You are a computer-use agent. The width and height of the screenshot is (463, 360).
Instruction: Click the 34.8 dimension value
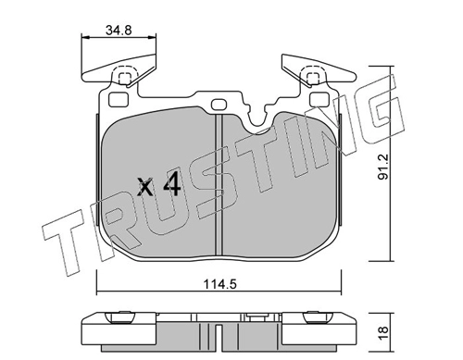click(x=119, y=31)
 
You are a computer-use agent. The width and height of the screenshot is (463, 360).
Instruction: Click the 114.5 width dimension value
click(x=219, y=284)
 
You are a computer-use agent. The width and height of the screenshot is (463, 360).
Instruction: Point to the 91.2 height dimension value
click(x=384, y=168)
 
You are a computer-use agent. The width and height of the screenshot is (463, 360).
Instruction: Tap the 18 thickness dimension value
click(x=383, y=333)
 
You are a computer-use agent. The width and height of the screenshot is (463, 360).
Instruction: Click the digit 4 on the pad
click(x=172, y=184)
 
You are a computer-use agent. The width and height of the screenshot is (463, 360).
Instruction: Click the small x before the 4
click(x=145, y=187)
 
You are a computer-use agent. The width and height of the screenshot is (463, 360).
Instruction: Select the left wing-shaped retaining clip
click(x=119, y=70)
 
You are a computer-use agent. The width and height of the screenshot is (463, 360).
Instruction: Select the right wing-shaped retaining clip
click(x=319, y=70)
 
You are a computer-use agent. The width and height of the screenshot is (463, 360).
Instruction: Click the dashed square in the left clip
click(x=125, y=79)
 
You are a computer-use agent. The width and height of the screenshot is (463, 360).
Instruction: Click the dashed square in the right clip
click(x=313, y=79)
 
